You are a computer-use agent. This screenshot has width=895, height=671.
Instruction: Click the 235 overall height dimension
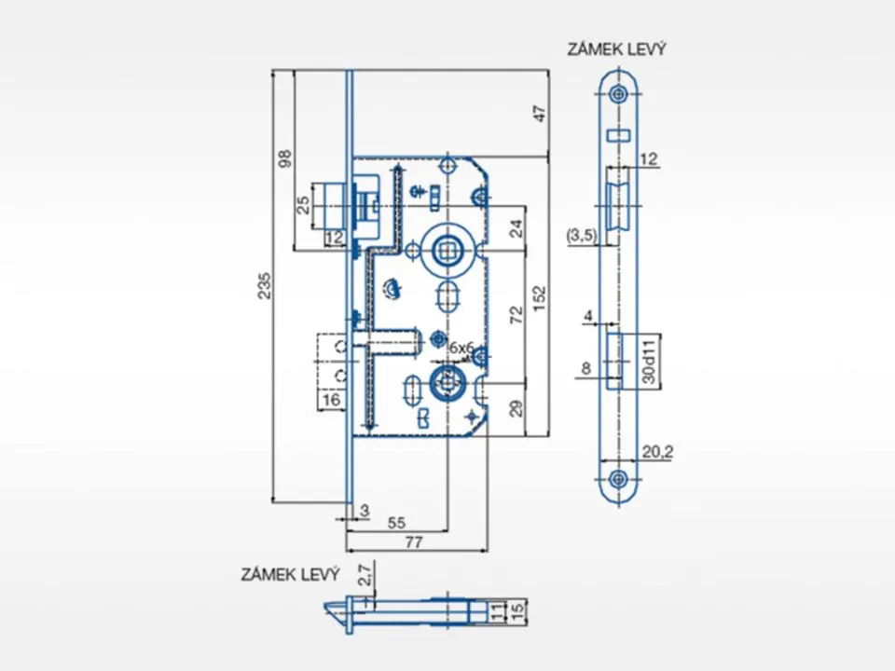(264, 286)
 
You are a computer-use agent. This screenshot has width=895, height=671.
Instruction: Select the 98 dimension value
(285, 158)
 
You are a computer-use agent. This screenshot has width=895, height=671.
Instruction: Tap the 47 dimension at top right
(540, 114)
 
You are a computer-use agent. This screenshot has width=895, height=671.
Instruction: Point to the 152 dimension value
(540, 298)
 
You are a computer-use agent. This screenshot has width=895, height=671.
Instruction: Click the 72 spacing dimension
(516, 315)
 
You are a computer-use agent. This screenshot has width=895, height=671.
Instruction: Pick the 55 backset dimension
(396, 523)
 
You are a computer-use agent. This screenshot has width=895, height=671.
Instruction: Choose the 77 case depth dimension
(414, 542)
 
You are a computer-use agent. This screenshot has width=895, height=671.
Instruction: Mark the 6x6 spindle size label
(461, 348)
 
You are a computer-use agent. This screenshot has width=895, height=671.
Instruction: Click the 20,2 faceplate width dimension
(657, 452)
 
